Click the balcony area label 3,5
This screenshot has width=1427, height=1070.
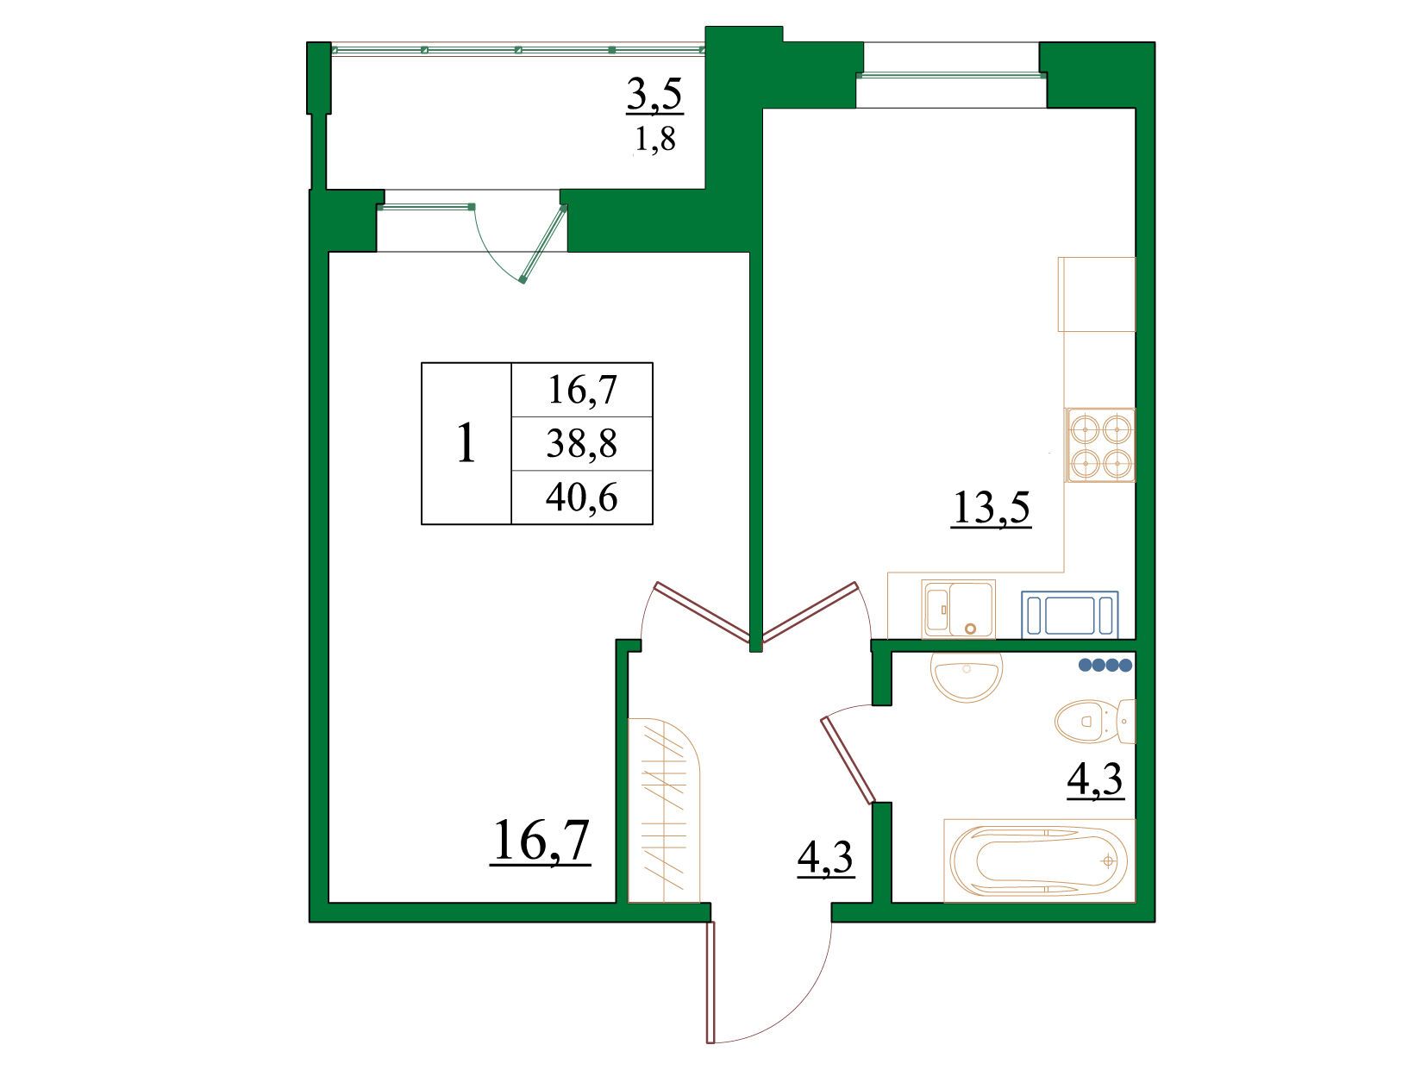(x=654, y=95)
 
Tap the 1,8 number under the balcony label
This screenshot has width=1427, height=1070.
(x=654, y=139)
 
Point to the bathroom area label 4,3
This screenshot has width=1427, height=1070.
(x=1095, y=779)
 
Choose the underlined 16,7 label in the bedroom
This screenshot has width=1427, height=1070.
(x=541, y=842)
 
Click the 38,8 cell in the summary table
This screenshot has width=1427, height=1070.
(x=581, y=444)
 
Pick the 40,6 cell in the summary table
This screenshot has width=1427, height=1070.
(x=581, y=498)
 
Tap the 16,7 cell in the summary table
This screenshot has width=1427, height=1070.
(x=581, y=391)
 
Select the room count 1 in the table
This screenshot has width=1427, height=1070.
(x=466, y=443)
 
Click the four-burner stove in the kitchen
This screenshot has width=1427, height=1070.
(x=1100, y=445)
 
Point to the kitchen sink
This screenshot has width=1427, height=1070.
(x=958, y=609)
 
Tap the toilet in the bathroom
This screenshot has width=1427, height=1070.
(x=1095, y=722)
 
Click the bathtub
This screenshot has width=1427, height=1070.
(x=1039, y=860)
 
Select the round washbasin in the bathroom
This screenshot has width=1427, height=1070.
(x=967, y=676)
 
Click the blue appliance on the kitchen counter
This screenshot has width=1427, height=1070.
(x=1069, y=614)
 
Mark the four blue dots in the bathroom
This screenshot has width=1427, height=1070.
(x=1105, y=665)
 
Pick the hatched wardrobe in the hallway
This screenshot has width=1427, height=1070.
(x=664, y=810)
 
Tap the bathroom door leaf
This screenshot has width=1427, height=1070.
(x=849, y=760)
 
